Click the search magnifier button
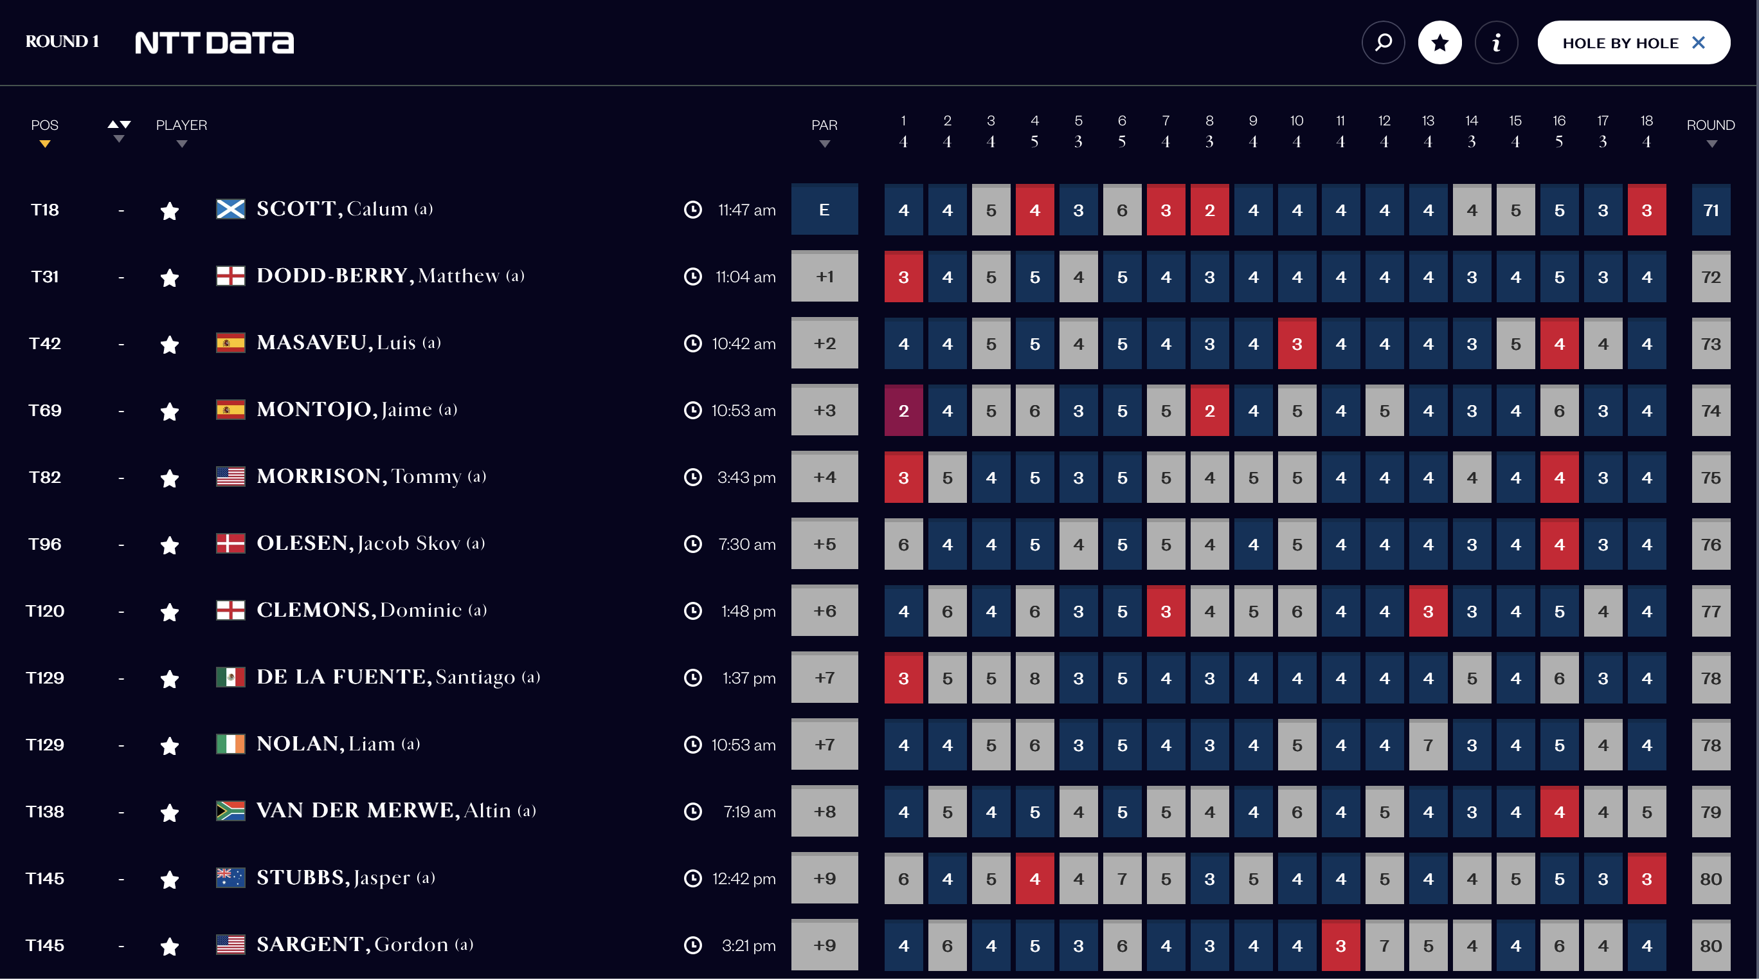1383,43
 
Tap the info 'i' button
1496,43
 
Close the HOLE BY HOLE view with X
1698,43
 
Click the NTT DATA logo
215,43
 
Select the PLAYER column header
181,125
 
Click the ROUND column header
1710,125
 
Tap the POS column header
44,125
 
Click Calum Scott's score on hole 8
1209,210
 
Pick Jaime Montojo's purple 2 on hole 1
903,411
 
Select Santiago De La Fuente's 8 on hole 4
1034,679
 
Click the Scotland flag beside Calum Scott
230,210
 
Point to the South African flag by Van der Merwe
230,812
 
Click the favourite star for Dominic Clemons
169,612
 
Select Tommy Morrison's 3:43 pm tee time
746,478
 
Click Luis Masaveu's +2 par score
824,344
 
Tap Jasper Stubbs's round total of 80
1711,880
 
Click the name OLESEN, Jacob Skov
370,543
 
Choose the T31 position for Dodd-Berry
44,277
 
